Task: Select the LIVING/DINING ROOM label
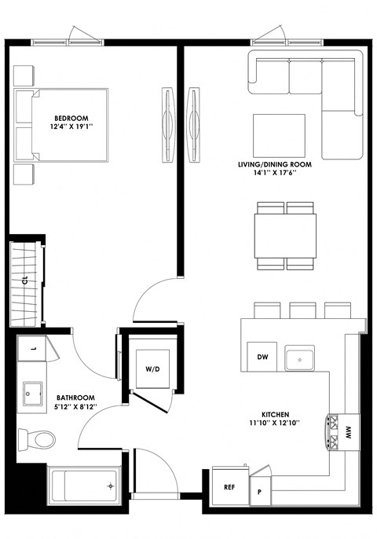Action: tap(271, 165)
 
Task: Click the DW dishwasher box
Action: tap(263, 357)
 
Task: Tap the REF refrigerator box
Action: tap(229, 487)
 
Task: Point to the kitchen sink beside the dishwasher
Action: tap(301, 359)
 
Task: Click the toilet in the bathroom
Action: tap(36, 437)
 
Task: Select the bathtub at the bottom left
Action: tap(81, 486)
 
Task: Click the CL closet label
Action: tap(24, 279)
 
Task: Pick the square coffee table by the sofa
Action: tap(279, 131)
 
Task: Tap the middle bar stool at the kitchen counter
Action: tap(302, 310)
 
